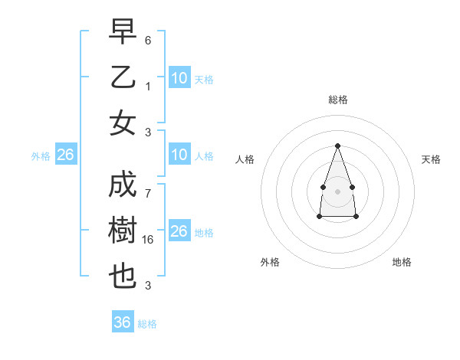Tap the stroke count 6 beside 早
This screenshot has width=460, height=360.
pyautogui.click(x=148, y=39)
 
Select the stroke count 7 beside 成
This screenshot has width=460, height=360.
pyautogui.click(x=148, y=193)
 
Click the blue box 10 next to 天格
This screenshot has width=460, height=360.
pyautogui.click(x=179, y=77)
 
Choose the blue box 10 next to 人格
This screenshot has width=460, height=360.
pyautogui.click(x=179, y=155)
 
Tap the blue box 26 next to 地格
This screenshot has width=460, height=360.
pyautogui.click(x=179, y=231)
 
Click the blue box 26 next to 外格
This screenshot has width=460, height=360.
pyautogui.click(x=65, y=155)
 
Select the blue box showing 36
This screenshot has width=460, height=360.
pyautogui.click(x=123, y=322)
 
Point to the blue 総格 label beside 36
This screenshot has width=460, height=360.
pyautogui.click(x=147, y=324)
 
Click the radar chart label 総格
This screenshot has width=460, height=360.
pyautogui.click(x=337, y=100)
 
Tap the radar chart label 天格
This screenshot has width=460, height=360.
pyautogui.click(x=431, y=159)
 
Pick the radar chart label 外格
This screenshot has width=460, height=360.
pyautogui.click(x=270, y=262)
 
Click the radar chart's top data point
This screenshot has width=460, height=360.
pyautogui.click(x=337, y=146)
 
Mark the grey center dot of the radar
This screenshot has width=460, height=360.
pyautogui.click(x=337, y=190)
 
